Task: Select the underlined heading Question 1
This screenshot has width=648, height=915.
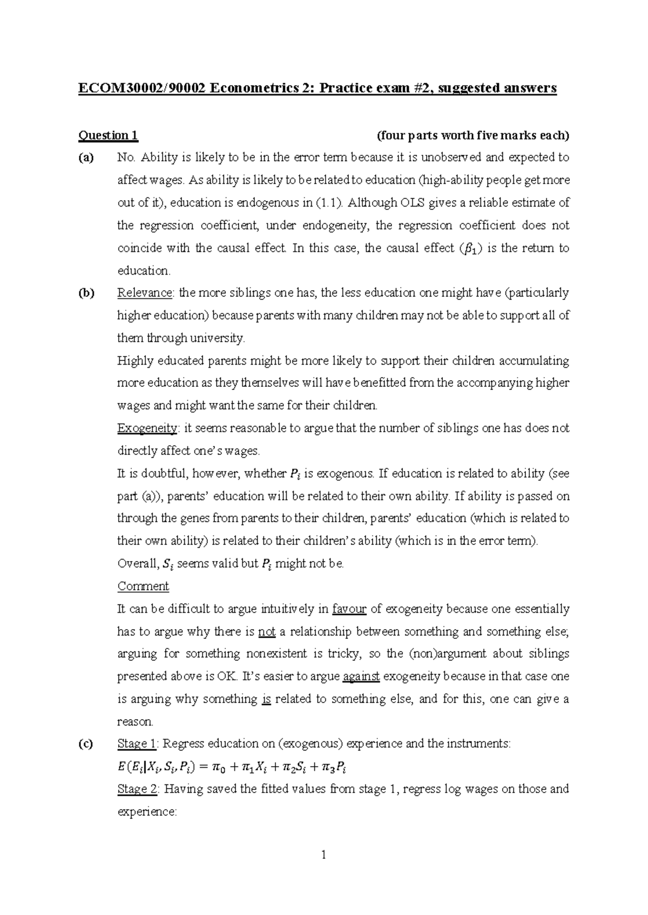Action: coord(109,135)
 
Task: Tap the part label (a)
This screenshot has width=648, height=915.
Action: coord(86,158)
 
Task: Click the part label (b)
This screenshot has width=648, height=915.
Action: coord(86,293)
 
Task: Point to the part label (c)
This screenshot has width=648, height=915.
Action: coord(85,744)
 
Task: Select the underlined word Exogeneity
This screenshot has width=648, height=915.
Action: coord(147,428)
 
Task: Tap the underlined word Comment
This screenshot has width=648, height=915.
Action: coord(143,586)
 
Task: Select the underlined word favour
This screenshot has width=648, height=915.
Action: coord(349,609)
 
